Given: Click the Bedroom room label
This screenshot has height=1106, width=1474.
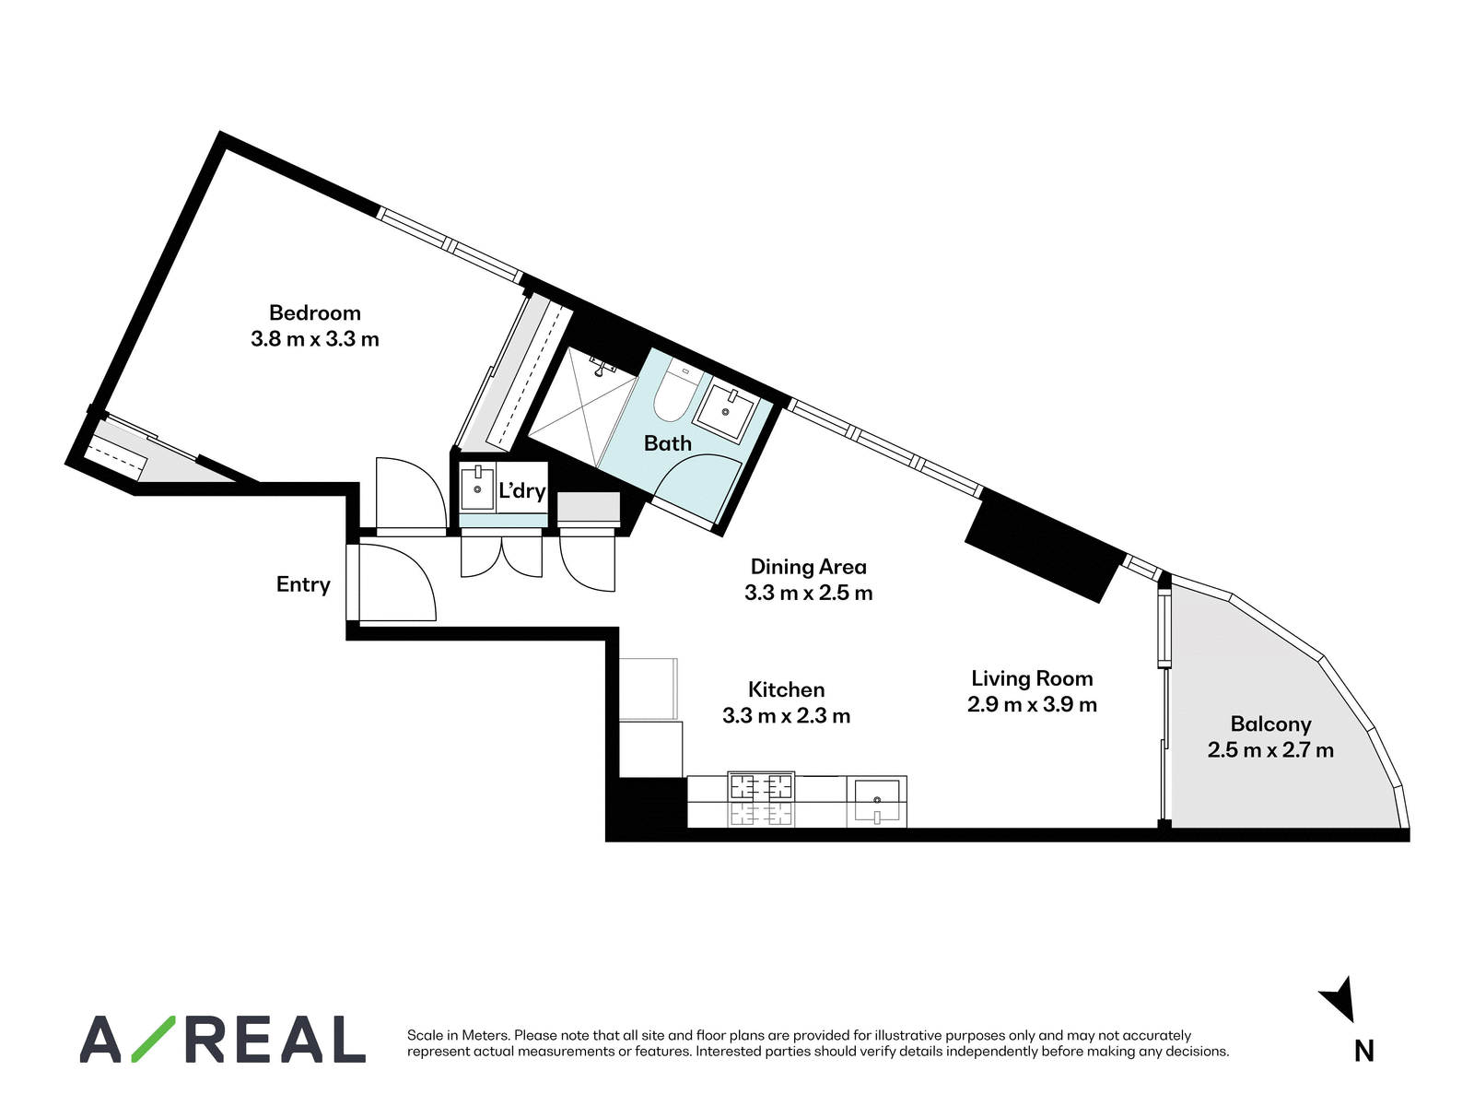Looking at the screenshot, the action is coord(314,313).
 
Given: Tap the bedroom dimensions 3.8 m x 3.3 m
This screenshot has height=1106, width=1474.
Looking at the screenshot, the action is coord(314,339).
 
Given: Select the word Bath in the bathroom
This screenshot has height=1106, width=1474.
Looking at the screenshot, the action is coord(668,443).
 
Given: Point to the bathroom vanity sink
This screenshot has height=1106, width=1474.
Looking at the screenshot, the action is coord(727,411).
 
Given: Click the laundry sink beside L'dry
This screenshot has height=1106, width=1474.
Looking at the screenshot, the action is coord(477,488).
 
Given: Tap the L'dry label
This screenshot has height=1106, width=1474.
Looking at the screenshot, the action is coord(521,491).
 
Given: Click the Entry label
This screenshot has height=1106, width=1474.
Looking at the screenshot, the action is coord(303,584).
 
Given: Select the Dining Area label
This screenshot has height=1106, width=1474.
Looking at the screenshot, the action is coord(808,567).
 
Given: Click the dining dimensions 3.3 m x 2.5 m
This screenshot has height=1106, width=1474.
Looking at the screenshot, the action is coord(808,593).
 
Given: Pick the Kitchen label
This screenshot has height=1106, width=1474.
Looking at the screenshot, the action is coord(786,689).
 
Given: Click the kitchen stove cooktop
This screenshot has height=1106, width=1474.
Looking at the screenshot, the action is coord(761,785).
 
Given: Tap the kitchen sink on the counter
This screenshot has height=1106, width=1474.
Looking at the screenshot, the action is coord(876,801).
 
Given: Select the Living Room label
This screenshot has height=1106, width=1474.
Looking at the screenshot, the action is coord(1032,678).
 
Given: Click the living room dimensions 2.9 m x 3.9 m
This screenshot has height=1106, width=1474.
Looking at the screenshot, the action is coord(1032,704).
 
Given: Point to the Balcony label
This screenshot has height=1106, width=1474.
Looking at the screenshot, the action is coord(1270,724).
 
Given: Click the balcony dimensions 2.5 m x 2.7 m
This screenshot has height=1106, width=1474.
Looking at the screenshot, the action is coord(1270,749).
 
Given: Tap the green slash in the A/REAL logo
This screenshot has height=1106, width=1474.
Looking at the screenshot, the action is coord(154,1039).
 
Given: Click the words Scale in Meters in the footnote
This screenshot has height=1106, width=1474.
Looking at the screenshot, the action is coord(457,1035).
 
